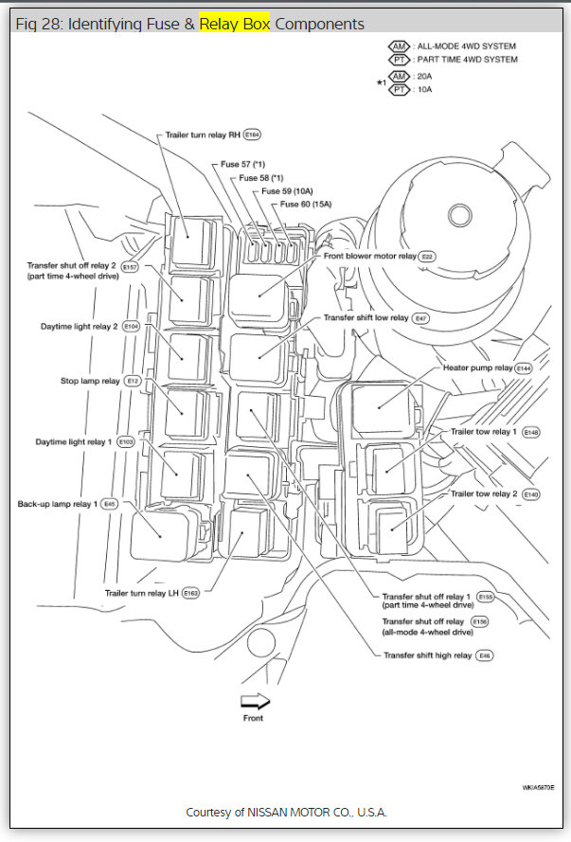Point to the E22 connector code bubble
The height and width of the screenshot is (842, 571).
427,256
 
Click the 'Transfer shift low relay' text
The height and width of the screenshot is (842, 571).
366,318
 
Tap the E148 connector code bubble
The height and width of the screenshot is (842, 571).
531,432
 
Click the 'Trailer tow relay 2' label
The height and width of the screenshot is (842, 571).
484,494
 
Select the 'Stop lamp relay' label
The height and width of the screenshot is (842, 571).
90,381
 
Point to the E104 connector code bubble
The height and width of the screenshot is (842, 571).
131,327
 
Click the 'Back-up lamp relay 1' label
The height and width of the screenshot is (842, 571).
58,503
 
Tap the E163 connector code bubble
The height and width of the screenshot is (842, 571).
191,594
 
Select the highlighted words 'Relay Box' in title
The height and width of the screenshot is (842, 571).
235,23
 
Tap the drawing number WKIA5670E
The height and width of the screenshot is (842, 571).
537,788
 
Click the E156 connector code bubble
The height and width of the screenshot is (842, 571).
486,621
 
